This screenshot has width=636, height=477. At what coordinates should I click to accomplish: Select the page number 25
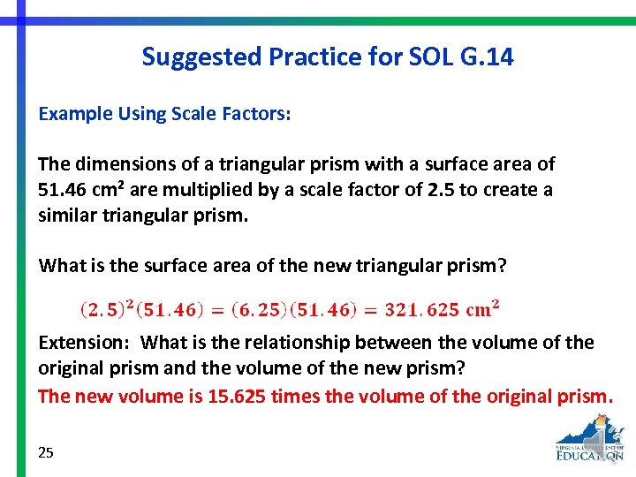(x=46, y=452)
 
